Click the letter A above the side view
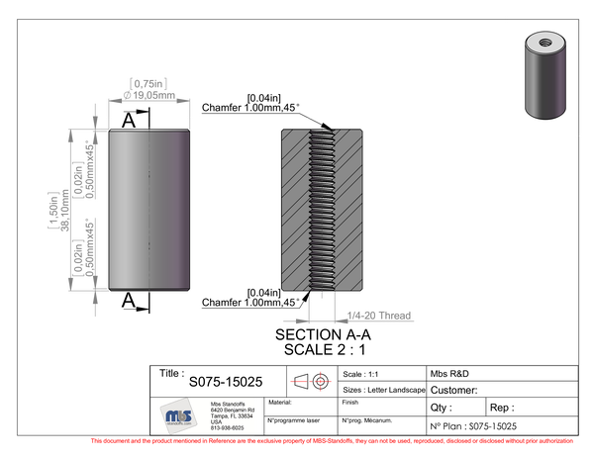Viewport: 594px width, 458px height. coord(128,121)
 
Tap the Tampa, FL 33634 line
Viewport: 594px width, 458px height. coord(233,415)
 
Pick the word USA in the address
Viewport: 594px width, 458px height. coord(217,421)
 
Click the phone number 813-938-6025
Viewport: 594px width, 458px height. coord(227,427)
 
